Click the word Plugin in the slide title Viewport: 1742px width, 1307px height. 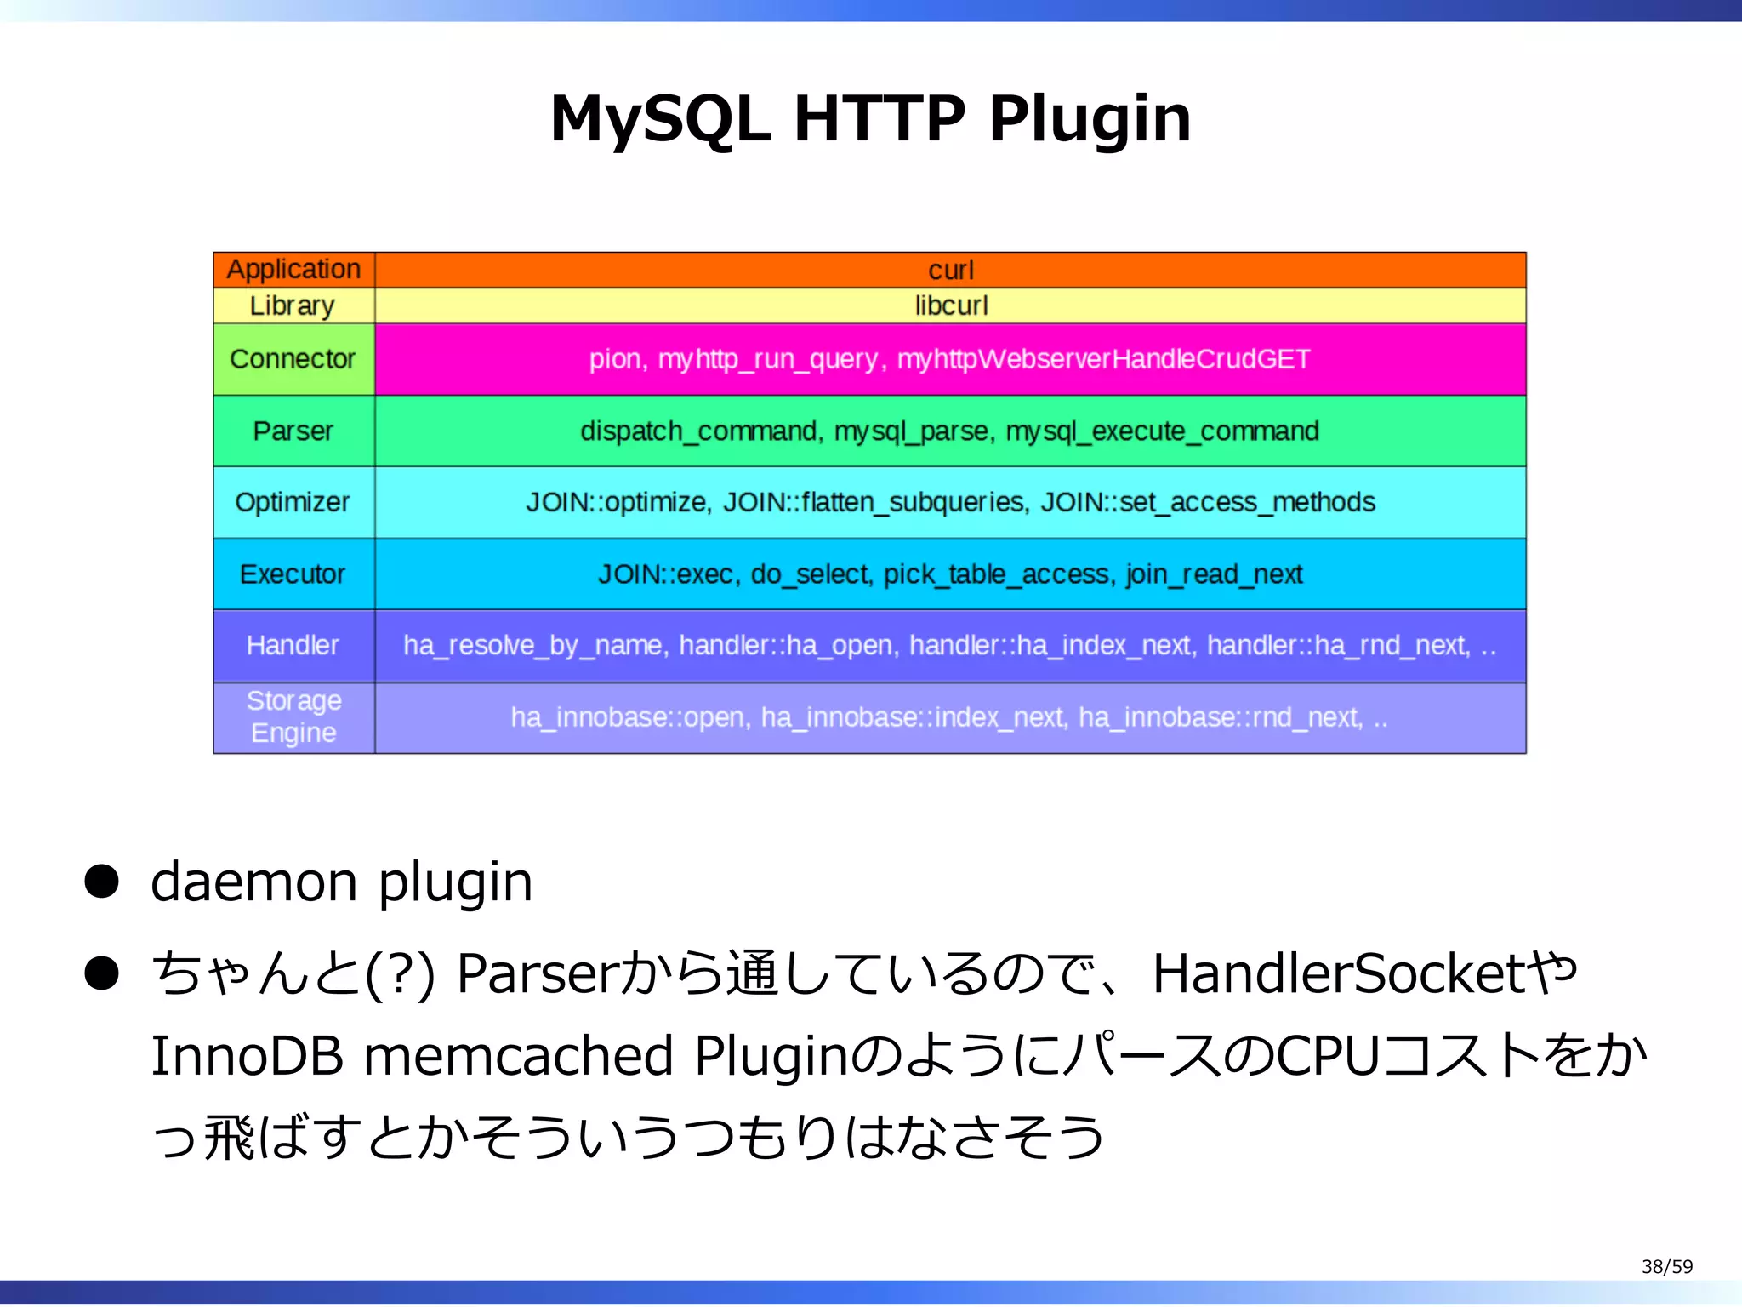[x=1089, y=119]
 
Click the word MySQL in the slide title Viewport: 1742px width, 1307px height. [x=661, y=119]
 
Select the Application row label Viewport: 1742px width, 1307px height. [x=293, y=270]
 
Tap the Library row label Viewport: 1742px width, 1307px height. [x=292, y=305]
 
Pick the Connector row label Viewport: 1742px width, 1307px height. [x=293, y=359]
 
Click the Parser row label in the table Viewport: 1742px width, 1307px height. [x=293, y=431]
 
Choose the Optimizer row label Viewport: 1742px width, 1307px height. [x=293, y=502]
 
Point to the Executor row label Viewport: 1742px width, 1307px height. [x=293, y=574]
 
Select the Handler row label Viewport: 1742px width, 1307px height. [x=293, y=645]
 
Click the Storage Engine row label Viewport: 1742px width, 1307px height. [x=293, y=716]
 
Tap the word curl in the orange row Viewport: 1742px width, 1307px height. [x=950, y=271]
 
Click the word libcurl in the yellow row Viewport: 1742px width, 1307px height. [x=951, y=305]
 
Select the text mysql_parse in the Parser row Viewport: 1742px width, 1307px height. [x=913, y=431]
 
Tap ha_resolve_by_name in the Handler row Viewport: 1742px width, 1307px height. [x=532, y=645]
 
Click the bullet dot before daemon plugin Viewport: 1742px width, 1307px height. [x=102, y=882]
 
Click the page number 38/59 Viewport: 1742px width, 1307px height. [x=1666, y=1266]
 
